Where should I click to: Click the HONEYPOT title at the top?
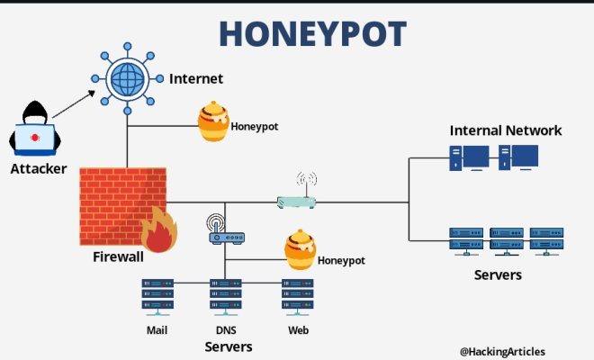pyautogui.click(x=313, y=33)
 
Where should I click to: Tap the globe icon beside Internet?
pyautogui.click(x=127, y=78)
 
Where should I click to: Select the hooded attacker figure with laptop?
pyautogui.click(x=35, y=128)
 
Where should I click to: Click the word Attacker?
pyautogui.click(x=39, y=168)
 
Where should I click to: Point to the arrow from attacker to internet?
pyautogui.click(x=74, y=104)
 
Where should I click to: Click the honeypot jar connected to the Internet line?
pyautogui.click(x=213, y=121)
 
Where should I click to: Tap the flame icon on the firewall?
pyautogui.click(x=159, y=230)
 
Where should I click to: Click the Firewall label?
pyautogui.click(x=118, y=256)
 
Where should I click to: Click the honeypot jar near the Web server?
pyautogui.click(x=301, y=249)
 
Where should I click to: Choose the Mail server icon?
pyautogui.click(x=157, y=297)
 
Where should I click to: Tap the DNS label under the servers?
pyautogui.click(x=226, y=330)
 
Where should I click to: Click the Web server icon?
pyautogui.click(x=297, y=297)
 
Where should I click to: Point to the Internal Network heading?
pyautogui.click(x=506, y=130)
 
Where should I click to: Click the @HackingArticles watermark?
pyautogui.click(x=502, y=351)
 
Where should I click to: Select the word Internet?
pyautogui.click(x=196, y=79)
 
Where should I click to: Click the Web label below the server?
pyautogui.click(x=298, y=330)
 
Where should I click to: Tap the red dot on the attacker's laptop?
pyautogui.click(x=35, y=137)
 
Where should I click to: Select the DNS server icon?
pyautogui.click(x=226, y=297)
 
